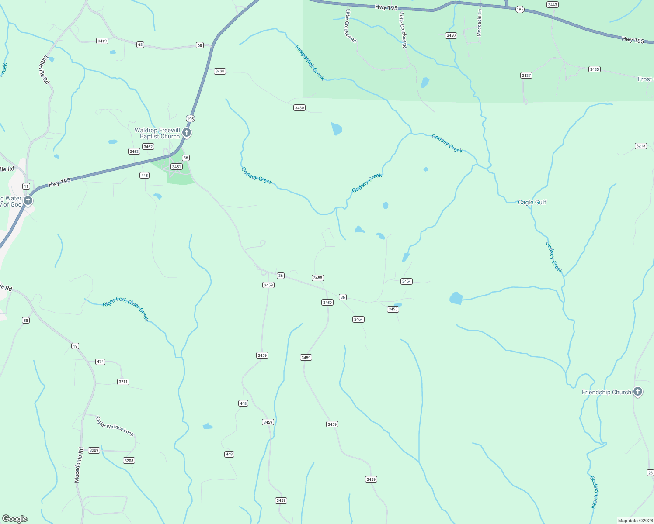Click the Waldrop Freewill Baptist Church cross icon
click(187, 132)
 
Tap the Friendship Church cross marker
click(638, 392)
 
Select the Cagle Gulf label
click(532, 202)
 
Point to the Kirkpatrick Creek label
click(310, 63)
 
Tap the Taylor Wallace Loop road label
click(115, 426)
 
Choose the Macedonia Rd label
click(79, 465)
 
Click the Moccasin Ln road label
click(479, 23)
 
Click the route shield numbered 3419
click(102, 41)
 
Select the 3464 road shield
click(358, 319)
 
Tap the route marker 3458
click(318, 278)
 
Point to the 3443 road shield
click(553, 5)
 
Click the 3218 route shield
click(641, 146)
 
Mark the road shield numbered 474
click(101, 362)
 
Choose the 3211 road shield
click(123, 382)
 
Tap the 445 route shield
click(145, 175)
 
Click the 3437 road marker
click(526, 76)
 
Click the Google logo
click(15, 519)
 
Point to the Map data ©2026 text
click(634, 521)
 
